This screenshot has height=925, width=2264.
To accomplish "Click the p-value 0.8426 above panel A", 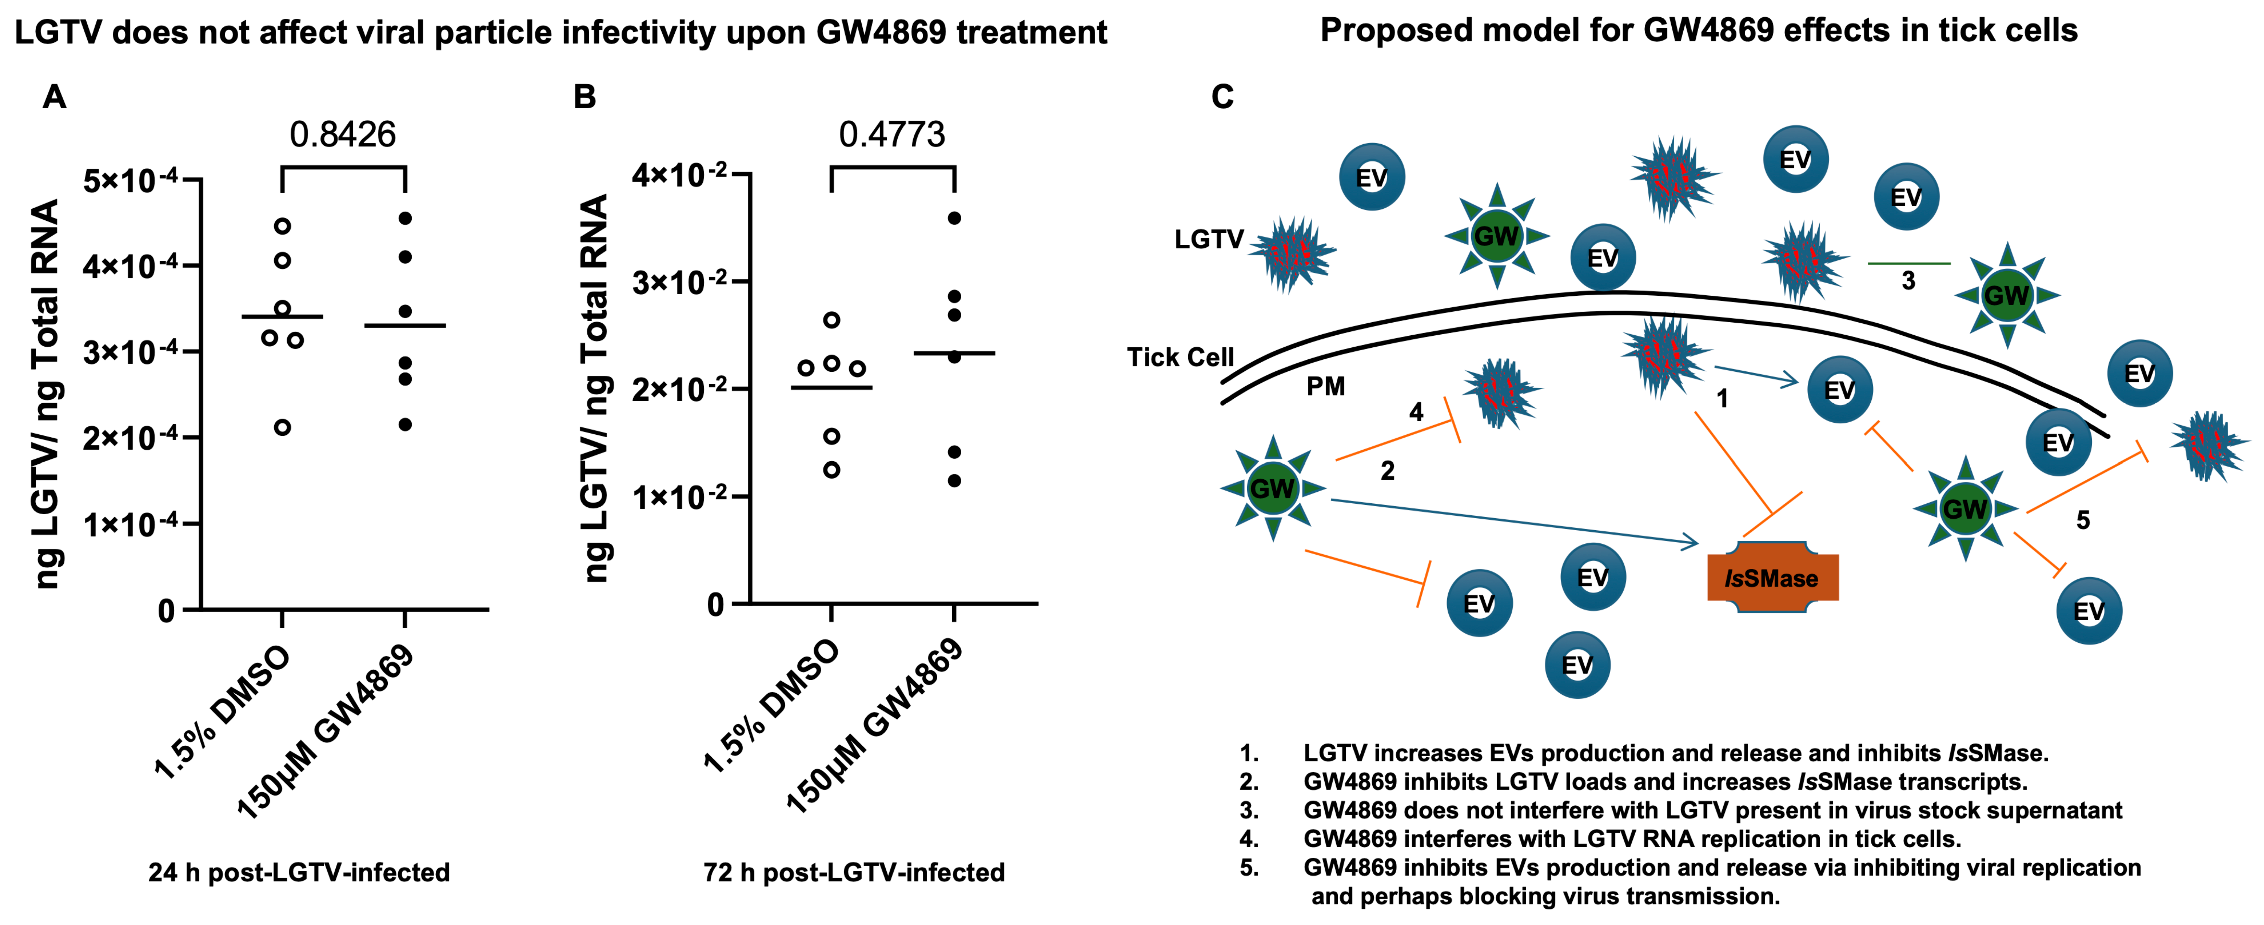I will [x=343, y=134].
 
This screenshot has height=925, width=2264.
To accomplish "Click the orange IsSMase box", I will [x=1772, y=578].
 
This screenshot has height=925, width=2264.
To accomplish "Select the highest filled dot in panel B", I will [x=955, y=218].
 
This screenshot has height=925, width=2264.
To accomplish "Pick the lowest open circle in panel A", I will [x=282, y=427].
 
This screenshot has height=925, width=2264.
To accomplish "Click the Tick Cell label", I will [x=1180, y=358].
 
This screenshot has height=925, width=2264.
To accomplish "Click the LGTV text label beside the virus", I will [x=1208, y=239].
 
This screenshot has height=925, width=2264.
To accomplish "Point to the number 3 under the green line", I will [x=1908, y=281].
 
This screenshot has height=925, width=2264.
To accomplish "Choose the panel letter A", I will [x=54, y=97].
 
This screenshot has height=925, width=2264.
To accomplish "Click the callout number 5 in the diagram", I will [x=2082, y=521].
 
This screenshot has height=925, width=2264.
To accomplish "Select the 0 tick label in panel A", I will [x=166, y=610].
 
